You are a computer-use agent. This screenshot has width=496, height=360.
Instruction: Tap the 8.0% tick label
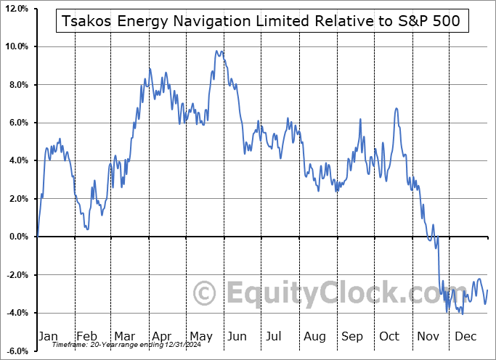18,85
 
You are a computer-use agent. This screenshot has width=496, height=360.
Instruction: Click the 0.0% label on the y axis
18,237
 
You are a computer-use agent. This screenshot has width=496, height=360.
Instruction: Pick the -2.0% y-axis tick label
17,275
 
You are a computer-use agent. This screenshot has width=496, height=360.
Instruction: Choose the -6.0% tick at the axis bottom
17,351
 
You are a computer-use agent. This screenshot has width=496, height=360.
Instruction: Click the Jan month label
47,337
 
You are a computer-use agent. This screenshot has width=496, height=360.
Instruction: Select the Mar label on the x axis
125,337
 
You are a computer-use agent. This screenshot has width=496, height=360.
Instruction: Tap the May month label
202,337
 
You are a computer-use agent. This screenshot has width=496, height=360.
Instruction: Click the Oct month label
390,337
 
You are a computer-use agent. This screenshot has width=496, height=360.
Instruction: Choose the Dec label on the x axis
465,337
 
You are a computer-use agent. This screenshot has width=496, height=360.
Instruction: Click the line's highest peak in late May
216,51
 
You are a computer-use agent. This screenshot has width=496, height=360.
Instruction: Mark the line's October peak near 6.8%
397,108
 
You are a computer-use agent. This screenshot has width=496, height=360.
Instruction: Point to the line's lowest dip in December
462,314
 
